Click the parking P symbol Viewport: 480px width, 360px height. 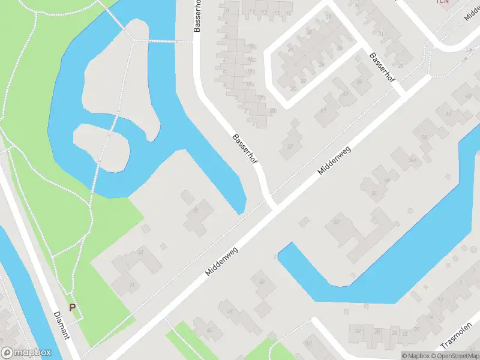pyautogui.click(x=73, y=308)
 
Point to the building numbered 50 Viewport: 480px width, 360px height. pyautogui.click(x=262, y=282)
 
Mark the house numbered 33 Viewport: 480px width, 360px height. pyautogui.click(x=140, y=252)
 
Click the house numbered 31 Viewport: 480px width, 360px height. pyautogui.click(x=131, y=285)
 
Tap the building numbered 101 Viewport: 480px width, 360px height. pyautogui.click(x=309, y=344)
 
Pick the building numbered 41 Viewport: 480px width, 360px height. pyautogui.click(x=325, y=110)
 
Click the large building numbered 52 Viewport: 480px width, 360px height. pyautogui.click(x=337, y=223)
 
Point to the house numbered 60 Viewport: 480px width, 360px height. pyautogui.click(x=448, y=113)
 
